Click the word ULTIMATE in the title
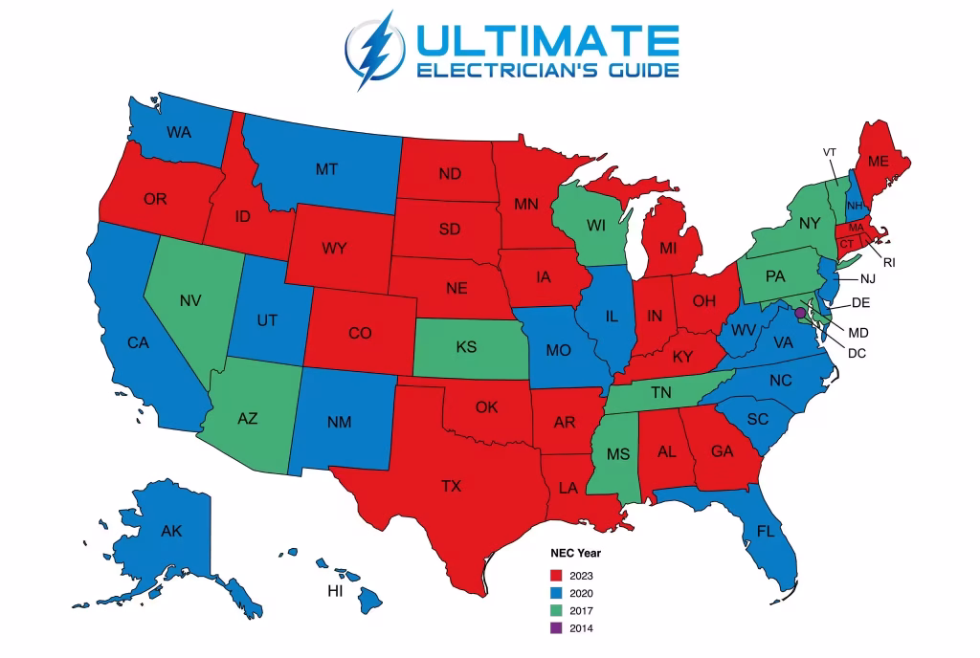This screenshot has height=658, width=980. (x=546, y=39)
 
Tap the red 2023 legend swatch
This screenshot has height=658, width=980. (x=556, y=576)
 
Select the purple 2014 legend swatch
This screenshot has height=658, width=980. (x=556, y=628)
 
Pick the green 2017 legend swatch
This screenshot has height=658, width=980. (x=556, y=611)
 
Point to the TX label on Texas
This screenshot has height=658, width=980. (x=451, y=487)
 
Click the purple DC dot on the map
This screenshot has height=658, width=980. (x=800, y=312)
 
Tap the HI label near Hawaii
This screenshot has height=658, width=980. (x=335, y=591)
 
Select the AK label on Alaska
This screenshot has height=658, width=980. (x=171, y=531)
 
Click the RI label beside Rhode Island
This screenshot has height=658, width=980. (x=889, y=262)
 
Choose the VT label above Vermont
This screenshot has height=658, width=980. (x=830, y=152)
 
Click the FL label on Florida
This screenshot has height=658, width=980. (x=766, y=531)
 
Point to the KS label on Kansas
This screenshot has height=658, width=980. (x=466, y=347)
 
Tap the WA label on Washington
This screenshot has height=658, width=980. (x=179, y=132)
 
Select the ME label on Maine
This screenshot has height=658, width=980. (x=879, y=162)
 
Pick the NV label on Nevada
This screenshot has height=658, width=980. (x=189, y=300)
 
